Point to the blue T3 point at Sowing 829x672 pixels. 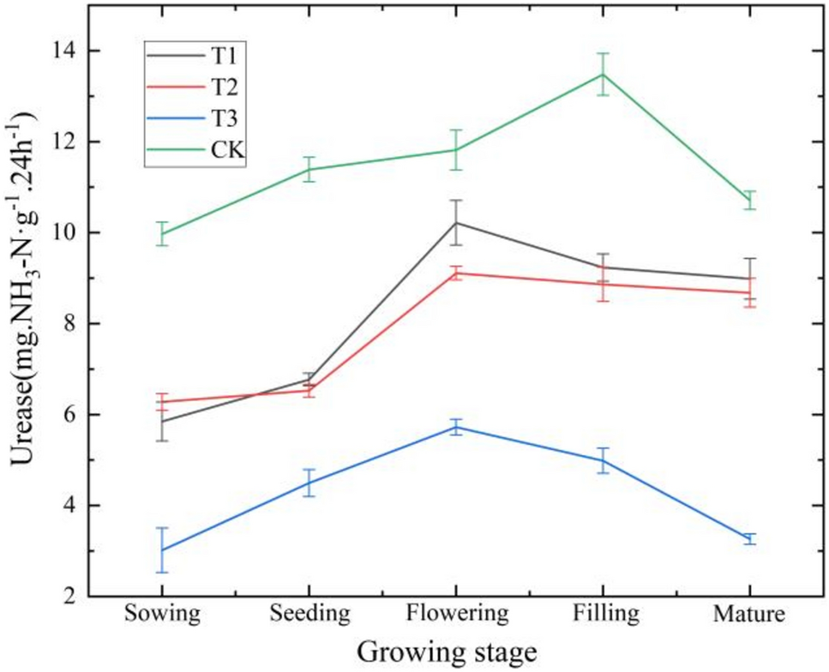162,549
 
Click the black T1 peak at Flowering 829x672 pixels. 457,223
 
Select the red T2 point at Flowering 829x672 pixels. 457,273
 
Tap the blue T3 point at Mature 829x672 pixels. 750,538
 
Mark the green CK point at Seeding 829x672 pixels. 309,169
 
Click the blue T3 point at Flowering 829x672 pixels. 457,426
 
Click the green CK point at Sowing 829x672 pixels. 162,233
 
